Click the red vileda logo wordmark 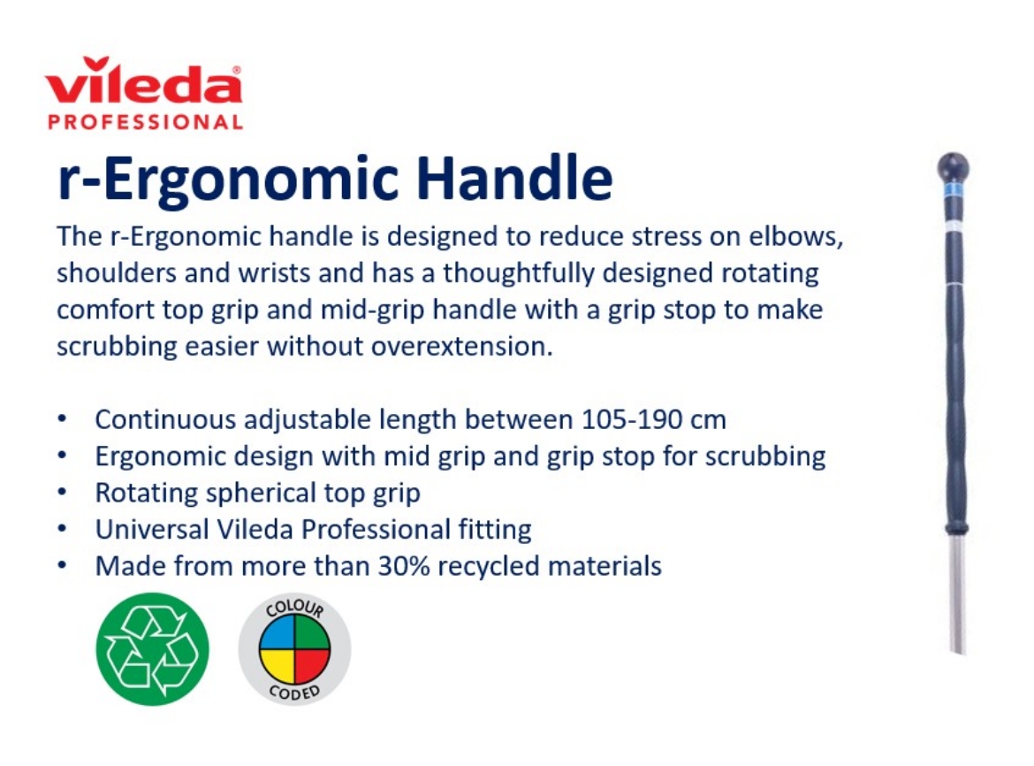(143, 84)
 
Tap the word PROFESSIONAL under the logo (145, 122)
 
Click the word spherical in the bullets (270, 492)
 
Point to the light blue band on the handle (953, 189)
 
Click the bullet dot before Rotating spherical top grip (63, 492)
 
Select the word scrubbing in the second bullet (768, 456)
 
